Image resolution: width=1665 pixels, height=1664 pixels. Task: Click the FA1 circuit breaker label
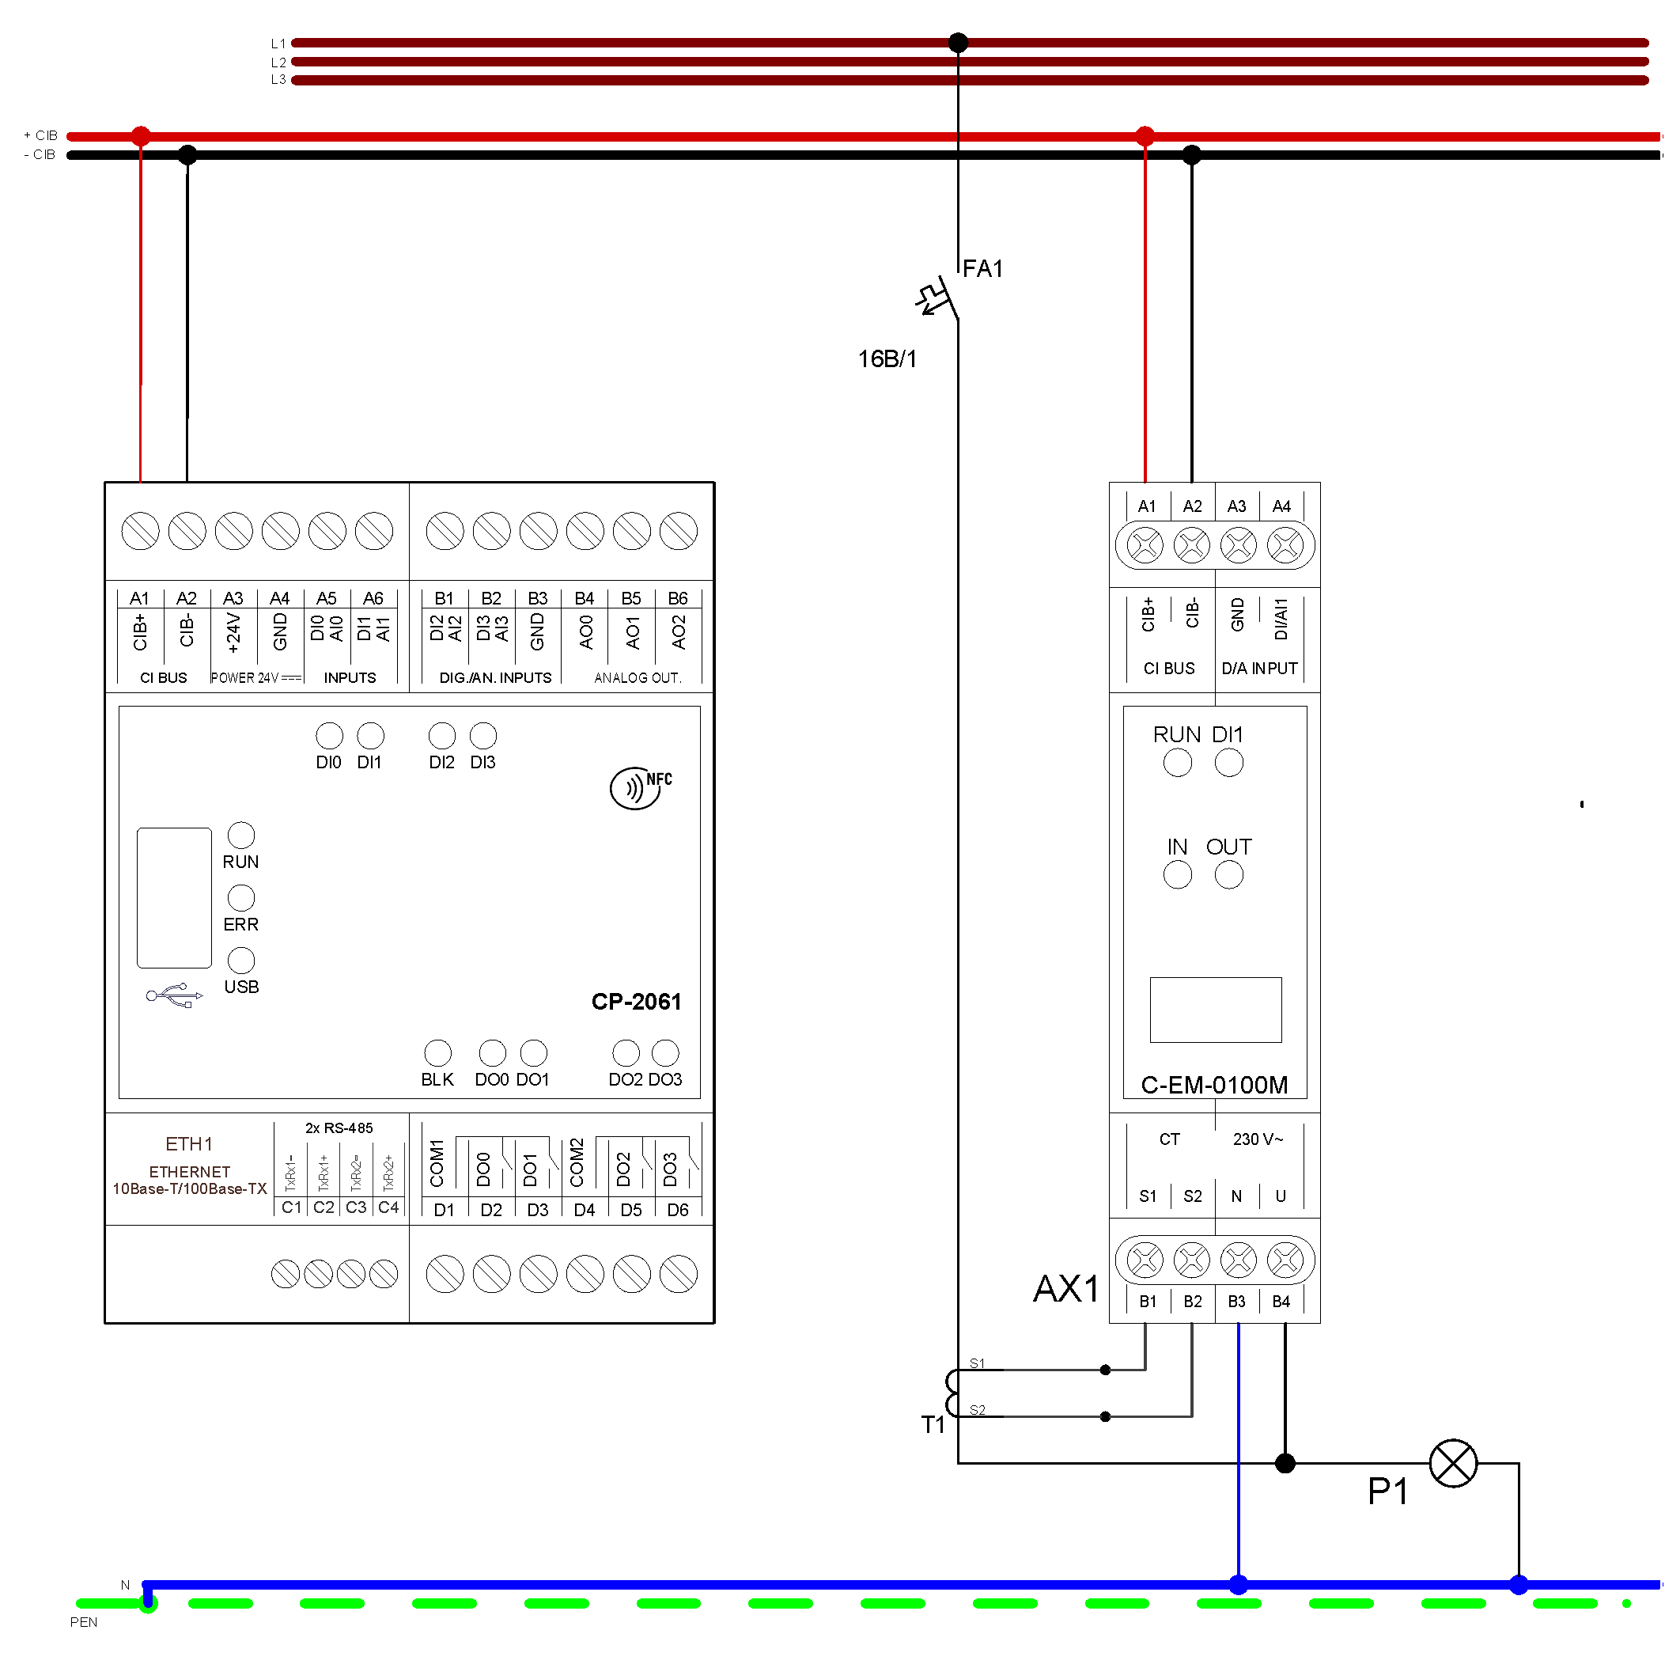(982, 269)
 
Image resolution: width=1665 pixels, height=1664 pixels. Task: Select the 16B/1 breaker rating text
(887, 358)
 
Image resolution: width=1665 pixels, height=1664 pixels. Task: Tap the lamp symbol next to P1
(1453, 1463)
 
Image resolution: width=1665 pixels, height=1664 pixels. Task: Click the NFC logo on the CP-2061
(641, 787)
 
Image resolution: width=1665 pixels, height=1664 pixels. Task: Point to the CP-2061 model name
(636, 1001)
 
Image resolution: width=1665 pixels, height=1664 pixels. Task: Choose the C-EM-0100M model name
(1214, 1085)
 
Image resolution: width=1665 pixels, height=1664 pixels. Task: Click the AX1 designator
(1066, 1289)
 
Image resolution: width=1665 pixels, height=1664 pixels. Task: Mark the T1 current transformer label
(933, 1424)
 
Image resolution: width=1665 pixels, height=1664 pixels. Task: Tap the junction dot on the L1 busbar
(959, 42)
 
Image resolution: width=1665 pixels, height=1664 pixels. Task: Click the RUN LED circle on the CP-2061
(241, 835)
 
